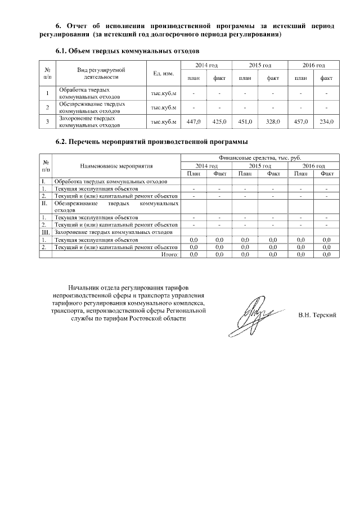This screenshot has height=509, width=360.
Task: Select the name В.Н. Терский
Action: click(x=317, y=315)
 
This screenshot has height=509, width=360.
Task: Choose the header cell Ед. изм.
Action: click(x=163, y=73)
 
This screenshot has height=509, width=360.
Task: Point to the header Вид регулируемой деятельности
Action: click(x=101, y=73)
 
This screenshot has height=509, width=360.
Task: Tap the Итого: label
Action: click(x=169, y=255)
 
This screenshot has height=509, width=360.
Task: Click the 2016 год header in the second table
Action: click(x=313, y=166)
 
